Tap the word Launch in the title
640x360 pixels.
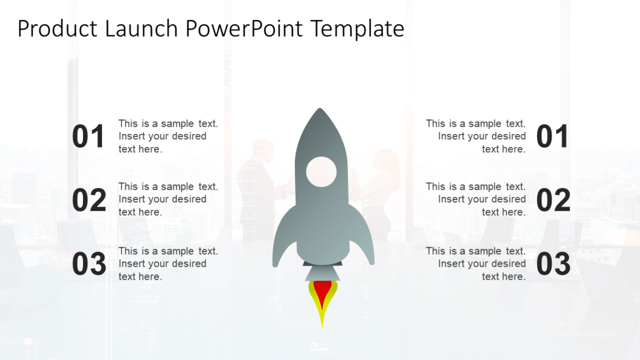(x=139, y=29)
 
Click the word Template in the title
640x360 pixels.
(x=357, y=29)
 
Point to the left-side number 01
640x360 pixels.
(x=88, y=137)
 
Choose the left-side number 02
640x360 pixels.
(x=89, y=200)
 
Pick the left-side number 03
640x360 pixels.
(x=89, y=264)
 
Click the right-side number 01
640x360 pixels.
(x=552, y=137)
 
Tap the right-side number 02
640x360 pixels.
(x=553, y=200)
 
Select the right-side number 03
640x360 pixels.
(x=553, y=264)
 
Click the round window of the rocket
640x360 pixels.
(x=321, y=172)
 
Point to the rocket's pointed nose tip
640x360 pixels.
(x=320, y=110)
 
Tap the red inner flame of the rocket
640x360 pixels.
(x=322, y=292)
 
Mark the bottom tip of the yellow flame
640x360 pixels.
(x=322, y=326)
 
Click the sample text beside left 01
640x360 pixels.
(x=168, y=136)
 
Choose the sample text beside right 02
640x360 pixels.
(x=476, y=199)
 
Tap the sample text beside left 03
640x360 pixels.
(x=168, y=263)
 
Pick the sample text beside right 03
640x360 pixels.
(x=476, y=263)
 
